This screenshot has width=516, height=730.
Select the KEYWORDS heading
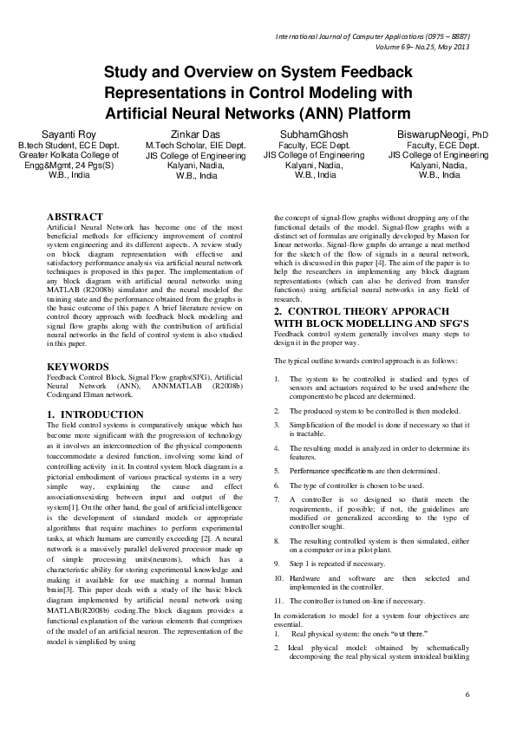pos(77,367)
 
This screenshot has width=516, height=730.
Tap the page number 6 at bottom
pos(466,695)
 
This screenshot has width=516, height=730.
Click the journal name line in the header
pos(373,37)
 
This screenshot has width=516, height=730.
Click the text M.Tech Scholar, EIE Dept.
pos(196,147)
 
